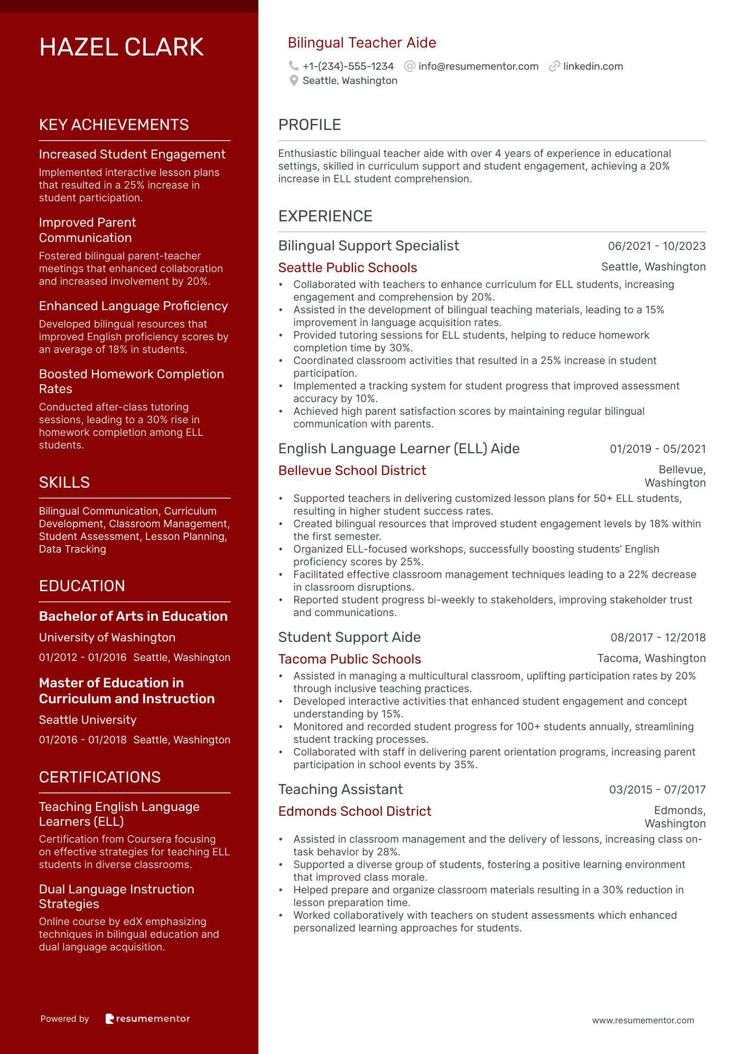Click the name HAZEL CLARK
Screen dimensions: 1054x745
click(121, 48)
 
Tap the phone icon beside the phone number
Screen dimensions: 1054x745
click(293, 66)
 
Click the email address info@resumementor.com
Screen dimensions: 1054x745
click(478, 67)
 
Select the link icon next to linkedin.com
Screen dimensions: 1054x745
click(554, 66)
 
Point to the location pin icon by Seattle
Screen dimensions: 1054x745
click(294, 81)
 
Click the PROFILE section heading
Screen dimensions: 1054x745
click(310, 125)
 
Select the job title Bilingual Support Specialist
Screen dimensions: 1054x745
click(368, 246)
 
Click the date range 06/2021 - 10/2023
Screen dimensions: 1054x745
click(656, 246)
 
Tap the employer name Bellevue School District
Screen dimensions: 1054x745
click(352, 471)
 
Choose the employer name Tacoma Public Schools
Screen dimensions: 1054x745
click(349, 659)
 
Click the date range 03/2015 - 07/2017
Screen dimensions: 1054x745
click(657, 790)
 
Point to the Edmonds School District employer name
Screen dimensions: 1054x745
click(355, 812)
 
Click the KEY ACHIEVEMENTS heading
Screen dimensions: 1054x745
click(114, 125)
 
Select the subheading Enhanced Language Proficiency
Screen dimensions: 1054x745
click(133, 306)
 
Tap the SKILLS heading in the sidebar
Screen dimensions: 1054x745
click(64, 482)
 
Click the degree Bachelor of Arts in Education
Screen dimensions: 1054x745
click(133, 617)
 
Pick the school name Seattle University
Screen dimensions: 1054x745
click(88, 720)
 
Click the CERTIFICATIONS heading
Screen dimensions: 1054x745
click(100, 778)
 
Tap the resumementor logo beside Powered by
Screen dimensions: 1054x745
click(147, 1019)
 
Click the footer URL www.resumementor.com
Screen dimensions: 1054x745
click(642, 1021)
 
